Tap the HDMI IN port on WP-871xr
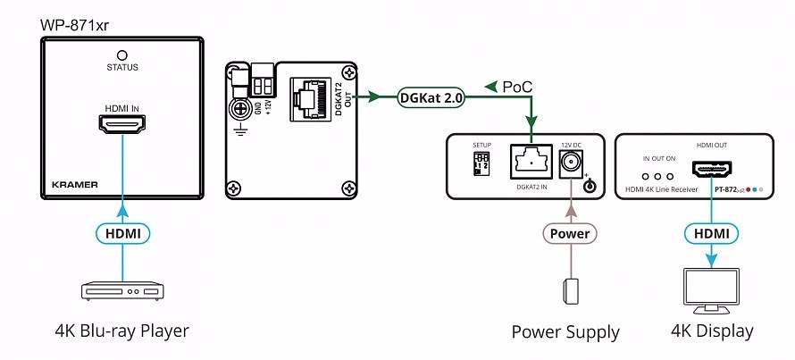point(121,129)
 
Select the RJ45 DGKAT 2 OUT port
point(313,97)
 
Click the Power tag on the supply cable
point(568,234)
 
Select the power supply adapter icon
point(568,291)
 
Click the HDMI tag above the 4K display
point(712,234)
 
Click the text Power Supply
point(565,332)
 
